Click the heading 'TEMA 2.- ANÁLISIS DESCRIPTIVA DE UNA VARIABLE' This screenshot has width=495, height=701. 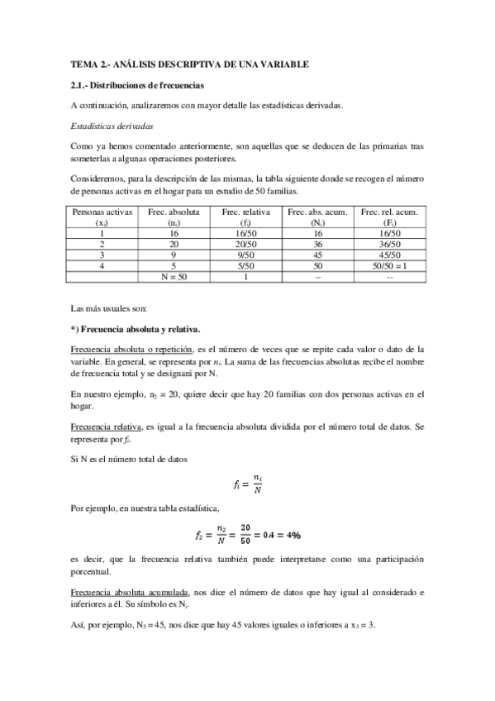(x=189, y=64)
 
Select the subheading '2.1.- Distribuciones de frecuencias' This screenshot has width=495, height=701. (x=136, y=85)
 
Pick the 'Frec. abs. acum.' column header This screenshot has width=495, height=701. (x=317, y=212)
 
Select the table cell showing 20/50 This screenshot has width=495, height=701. (x=246, y=245)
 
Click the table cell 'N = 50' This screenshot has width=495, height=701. (x=174, y=277)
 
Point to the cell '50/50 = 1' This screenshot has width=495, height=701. (x=388, y=266)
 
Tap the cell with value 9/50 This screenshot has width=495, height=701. (x=246, y=255)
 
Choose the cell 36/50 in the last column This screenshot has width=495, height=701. (x=388, y=245)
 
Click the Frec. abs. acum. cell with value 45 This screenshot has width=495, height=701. (x=317, y=255)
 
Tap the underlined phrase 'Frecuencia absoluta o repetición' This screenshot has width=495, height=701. (x=131, y=350)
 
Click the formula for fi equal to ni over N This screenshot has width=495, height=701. (x=247, y=484)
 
